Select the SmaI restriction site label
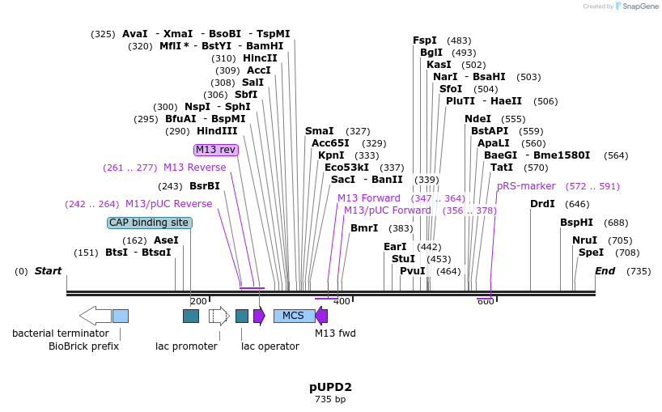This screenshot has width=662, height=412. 319,131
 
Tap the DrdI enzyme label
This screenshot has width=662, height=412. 542,204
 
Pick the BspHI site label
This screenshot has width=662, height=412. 576,223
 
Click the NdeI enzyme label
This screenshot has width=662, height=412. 477,119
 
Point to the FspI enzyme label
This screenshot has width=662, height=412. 424,40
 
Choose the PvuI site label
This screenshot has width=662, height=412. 412,271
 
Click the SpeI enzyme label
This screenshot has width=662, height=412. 591,253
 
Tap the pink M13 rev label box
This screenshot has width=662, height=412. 216,150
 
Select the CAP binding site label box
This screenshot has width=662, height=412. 150,223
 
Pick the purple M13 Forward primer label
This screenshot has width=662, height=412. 369,198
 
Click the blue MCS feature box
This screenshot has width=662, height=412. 294,316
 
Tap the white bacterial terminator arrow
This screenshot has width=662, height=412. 95,316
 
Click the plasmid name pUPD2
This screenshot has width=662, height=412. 330,387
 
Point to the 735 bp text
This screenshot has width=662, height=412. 330,399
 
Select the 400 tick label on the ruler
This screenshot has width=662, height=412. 342,301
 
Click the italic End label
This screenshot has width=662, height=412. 605,271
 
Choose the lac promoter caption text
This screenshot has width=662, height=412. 186,346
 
